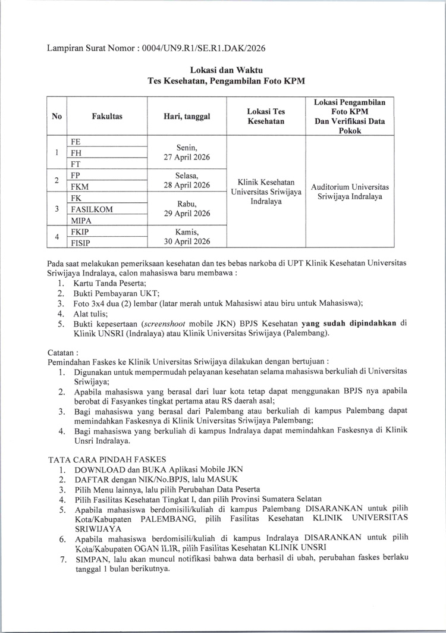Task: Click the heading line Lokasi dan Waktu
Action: (222, 71)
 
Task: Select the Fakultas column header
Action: (107, 117)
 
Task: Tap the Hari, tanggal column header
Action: (187, 117)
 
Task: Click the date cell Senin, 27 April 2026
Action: (187, 152)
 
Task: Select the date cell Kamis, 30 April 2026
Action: (187, 236)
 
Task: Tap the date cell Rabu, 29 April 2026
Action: (187, 209)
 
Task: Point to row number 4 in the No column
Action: (56, 237)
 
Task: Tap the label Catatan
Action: (61, 352)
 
